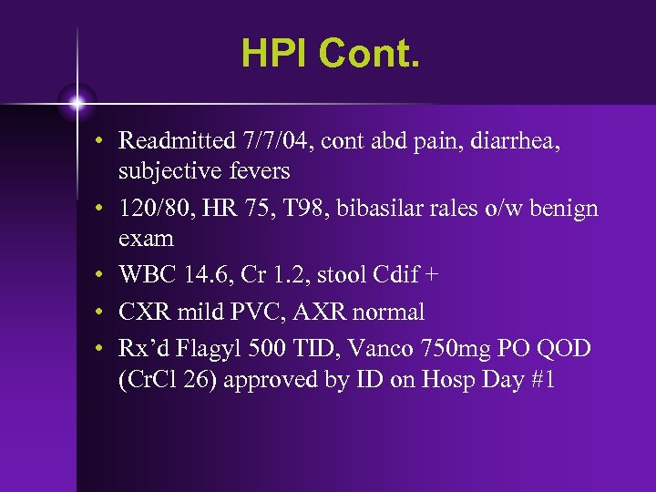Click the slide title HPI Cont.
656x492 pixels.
[332, 54]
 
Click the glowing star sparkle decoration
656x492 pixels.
[77, 102]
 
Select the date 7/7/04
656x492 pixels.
[270, 141]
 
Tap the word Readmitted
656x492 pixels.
[173, 141]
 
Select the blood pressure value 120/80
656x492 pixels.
[150, 209]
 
